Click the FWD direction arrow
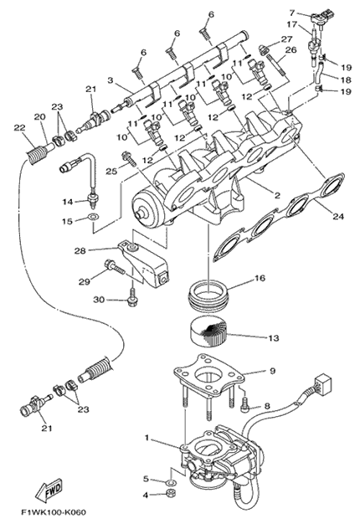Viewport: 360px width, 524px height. click(48, 491)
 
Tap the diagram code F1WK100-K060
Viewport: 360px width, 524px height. click(54, 512)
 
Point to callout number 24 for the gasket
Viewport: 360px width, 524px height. click(337, 216)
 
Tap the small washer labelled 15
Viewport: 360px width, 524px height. click(93, 218)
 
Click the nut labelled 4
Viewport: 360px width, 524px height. click(172, 492)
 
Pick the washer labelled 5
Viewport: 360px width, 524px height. click(171, 482)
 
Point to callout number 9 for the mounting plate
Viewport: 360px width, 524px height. click(272, 371)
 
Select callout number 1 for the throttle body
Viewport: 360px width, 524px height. click(147, 437)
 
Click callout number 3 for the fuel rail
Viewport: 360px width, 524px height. click(111, 80)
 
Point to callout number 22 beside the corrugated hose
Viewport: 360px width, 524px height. click(18, 127)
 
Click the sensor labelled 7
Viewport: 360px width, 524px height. click(318, 18)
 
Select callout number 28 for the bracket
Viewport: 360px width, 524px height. click(80, 250)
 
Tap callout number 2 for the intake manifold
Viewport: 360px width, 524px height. click(277, 196)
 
